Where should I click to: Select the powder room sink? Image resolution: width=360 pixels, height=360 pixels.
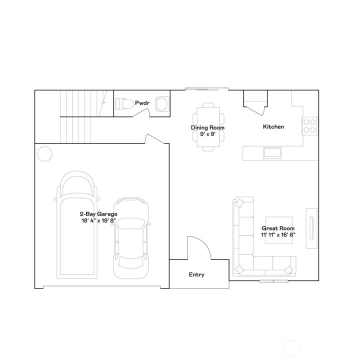161,104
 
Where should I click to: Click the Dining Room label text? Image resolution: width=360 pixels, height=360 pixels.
207,127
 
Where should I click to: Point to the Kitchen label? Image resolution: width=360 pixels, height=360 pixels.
273,127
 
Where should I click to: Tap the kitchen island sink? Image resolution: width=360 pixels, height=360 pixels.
273,152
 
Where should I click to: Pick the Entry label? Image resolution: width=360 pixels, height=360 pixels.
196,274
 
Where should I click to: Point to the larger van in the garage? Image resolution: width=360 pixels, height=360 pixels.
76,225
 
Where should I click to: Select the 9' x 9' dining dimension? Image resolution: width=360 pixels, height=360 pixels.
207,133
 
